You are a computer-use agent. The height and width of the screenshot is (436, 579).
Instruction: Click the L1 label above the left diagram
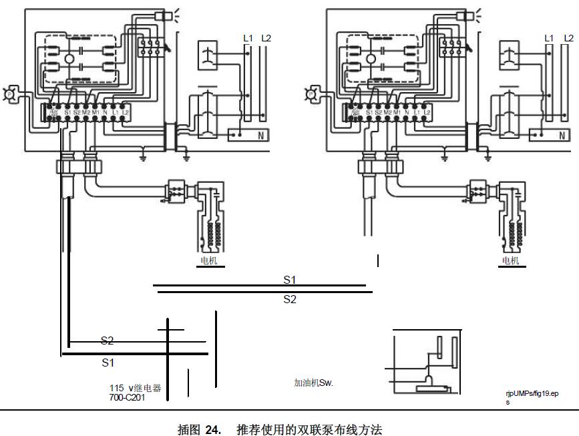coord(248,39)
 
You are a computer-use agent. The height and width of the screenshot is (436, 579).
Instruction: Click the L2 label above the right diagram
coord(568,39)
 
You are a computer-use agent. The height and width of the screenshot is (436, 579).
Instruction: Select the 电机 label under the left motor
coord(208,260)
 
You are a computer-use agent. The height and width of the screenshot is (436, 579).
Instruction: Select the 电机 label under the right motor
coord(510,260)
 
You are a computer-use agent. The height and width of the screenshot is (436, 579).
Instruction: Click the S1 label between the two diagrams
coord(290,280)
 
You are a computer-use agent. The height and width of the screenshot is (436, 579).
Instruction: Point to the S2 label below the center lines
coord(290,299)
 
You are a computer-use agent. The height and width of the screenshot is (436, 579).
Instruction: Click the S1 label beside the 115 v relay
coord(108,363)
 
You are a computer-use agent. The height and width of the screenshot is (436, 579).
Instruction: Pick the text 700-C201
coord(127,397)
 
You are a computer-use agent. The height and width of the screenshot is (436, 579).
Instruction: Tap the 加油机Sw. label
coord(313,383)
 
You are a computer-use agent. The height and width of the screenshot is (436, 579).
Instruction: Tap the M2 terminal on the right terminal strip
coord(387,111)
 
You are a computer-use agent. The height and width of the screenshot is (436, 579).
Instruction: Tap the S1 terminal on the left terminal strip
coord(67,112)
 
